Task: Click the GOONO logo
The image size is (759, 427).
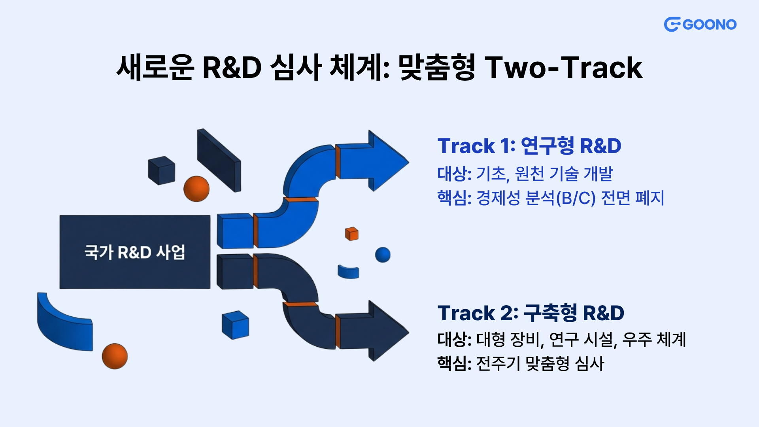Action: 700,25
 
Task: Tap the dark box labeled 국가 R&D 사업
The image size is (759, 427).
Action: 135,252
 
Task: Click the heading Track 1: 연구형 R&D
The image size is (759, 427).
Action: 529,145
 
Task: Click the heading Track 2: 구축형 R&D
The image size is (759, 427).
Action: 531,313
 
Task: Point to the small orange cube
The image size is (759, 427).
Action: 352,234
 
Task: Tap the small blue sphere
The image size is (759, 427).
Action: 383,255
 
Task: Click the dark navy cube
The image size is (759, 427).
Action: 161,170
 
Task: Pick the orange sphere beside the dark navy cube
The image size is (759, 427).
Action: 196,189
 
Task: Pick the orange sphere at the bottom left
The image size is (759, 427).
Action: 115,356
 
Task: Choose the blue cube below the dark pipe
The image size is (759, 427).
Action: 236,325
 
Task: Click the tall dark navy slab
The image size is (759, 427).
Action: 219,160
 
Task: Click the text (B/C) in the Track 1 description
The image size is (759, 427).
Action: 576,198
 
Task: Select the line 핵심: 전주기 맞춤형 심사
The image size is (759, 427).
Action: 521,363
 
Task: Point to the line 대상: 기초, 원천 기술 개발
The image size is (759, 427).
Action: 525,174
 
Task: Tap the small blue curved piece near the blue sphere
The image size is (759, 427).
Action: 348,272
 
